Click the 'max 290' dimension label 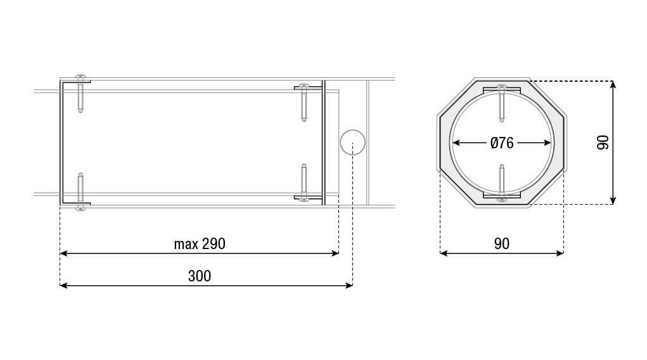(x=200, y=243)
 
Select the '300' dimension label (x=200, y=276)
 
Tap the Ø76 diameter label (x=502, y=143)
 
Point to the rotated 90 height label (x=603, y=143)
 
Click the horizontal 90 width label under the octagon (x=502, y=243)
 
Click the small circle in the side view (x=353, y=142)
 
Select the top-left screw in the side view (x=80, y=93)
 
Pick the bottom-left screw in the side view (x=80, y=191)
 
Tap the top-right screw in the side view (x=304, y=103)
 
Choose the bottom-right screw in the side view (x=304, y=183)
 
